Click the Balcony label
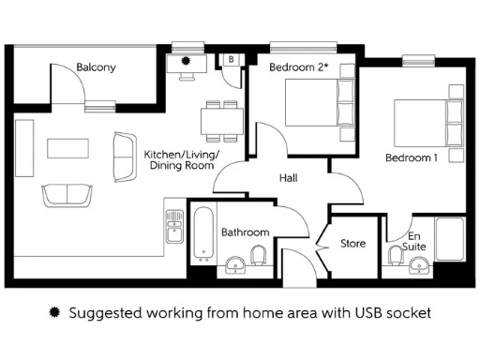pyautogui.click(x=96, y=67)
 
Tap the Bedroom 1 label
pyautogui.click(x=412, y=157)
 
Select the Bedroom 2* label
pyautogui.click(x=299, y=67)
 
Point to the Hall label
pyautogui.click(x=289, y=178)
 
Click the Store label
pyautogui.click(x=352, y=244)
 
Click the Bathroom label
pyautogui.click(x=245, y=232)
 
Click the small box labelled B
pyautogui.click(x=231, y=60)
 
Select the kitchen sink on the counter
pyautogui.click(x=173, y=226)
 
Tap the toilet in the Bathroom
pyautogui.click(x=259, y=258)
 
